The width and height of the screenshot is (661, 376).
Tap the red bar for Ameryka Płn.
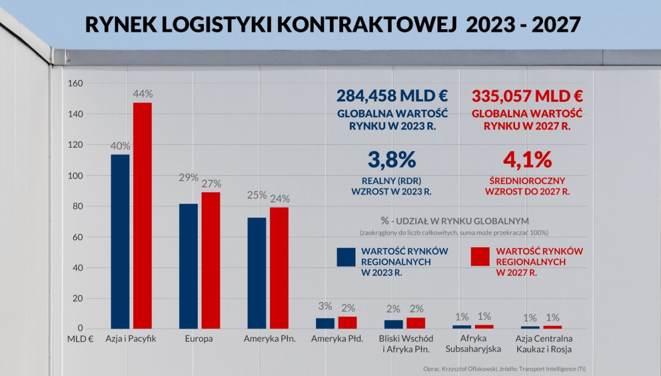click(279, 267)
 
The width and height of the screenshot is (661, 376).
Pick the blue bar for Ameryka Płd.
click(325, 323)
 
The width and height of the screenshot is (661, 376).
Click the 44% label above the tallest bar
click(142, 94)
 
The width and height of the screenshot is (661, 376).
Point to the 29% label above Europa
click(188, 178)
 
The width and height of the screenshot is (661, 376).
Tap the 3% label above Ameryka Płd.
click(325, 307)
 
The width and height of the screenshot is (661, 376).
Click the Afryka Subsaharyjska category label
click(473, 343)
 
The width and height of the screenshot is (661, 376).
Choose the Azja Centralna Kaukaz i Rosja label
click(544, 343)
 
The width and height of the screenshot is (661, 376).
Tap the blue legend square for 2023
click(346, 257)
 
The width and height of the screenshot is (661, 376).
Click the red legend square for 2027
click(481, 257)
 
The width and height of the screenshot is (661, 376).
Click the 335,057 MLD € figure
click(527, 96)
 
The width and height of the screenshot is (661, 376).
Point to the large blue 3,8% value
click(392, 160)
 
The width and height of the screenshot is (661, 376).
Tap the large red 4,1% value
click(527, 160)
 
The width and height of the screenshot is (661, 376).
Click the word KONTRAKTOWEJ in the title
click(369, 25)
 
